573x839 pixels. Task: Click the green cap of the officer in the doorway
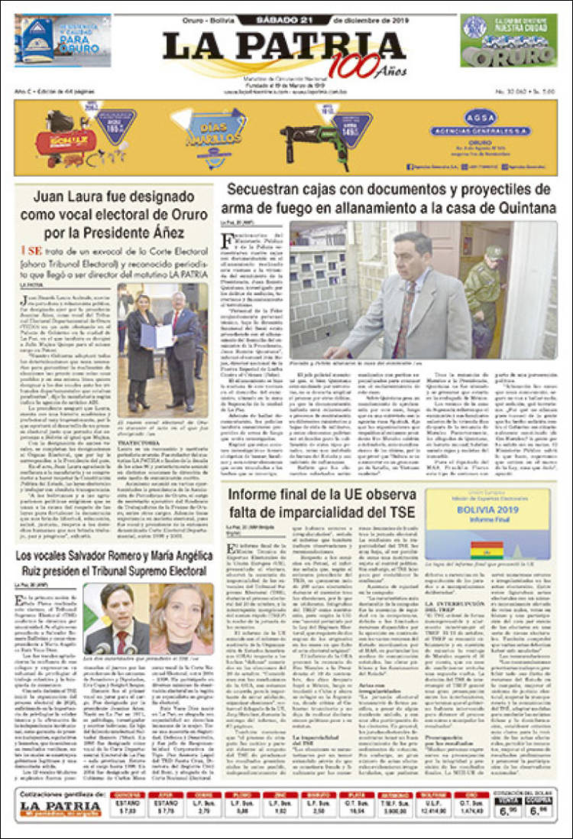[x=494, y=252]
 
